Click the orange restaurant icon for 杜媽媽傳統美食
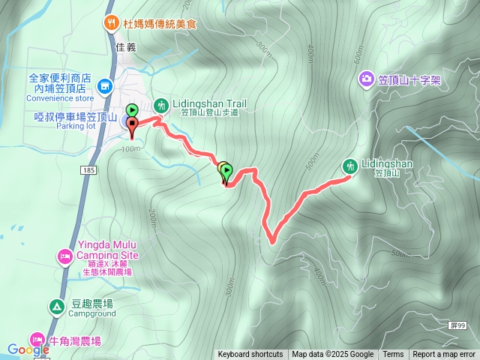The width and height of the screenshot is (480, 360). coord(112,22)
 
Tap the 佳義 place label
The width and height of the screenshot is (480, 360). coord(127,46)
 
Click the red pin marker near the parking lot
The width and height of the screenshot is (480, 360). coord(133,126)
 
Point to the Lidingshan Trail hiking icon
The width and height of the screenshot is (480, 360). coord(159,103)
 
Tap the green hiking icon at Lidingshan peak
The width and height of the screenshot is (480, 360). coord(349,165)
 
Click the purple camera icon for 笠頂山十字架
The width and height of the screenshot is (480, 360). coord(366,78)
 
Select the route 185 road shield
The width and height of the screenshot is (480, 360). coord(90,171)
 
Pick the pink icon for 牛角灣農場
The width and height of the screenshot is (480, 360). coord(36,340)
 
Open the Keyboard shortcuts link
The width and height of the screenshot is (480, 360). coord(250,355)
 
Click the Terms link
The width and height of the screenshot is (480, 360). coord(393,355)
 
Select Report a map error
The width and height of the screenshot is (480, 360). coord(444,355)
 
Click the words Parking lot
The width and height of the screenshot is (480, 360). coord(76,126)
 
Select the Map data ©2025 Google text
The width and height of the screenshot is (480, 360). coord(333,355)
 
